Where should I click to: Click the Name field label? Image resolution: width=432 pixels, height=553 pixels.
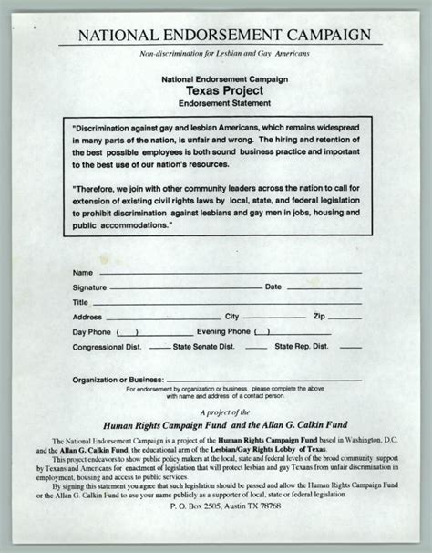point(82,273)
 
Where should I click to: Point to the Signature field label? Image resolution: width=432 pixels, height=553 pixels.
point(90,287)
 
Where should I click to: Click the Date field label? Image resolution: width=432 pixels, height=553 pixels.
point(273,287)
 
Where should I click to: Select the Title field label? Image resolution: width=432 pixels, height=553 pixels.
point(81,301)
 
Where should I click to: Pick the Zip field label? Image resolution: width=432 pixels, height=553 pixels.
point(319,317)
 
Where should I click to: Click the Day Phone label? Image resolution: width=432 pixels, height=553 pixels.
point(92,331)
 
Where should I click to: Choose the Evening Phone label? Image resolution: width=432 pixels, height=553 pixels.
point(223,331)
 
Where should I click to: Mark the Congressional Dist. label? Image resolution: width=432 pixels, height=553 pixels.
point(107,347)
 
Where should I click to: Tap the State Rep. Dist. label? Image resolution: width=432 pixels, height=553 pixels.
point(305,347)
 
